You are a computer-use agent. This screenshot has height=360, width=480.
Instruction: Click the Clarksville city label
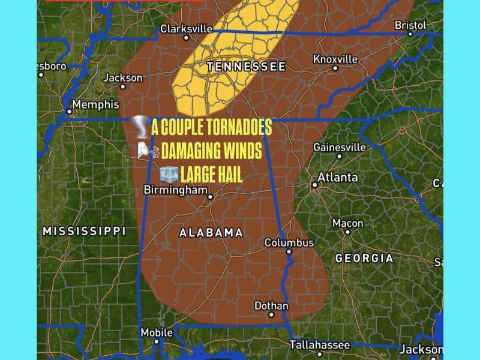(186, 28)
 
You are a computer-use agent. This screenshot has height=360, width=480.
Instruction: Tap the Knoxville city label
(335, 59)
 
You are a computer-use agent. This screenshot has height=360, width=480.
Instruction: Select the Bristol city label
(410, 25)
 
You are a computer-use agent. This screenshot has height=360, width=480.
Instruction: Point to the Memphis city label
(95, 104)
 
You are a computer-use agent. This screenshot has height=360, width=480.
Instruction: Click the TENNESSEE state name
(246, 67)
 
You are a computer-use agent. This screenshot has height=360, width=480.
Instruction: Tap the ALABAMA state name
(211, 232)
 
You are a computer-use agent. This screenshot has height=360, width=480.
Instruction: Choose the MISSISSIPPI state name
(84, 231)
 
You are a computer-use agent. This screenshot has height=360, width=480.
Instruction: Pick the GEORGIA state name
(364, 258)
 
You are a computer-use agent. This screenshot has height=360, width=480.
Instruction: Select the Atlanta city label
(337, 177)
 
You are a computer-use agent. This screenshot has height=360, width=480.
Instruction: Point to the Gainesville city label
(339, 147)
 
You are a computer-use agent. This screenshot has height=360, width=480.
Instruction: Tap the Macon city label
(347, 223)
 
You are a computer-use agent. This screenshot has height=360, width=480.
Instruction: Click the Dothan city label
(271, 306)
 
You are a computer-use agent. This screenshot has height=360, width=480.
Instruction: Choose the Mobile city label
(156, 332)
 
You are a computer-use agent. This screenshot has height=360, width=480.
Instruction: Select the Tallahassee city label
(319, 345)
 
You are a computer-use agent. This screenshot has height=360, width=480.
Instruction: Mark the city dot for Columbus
(289, 252)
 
